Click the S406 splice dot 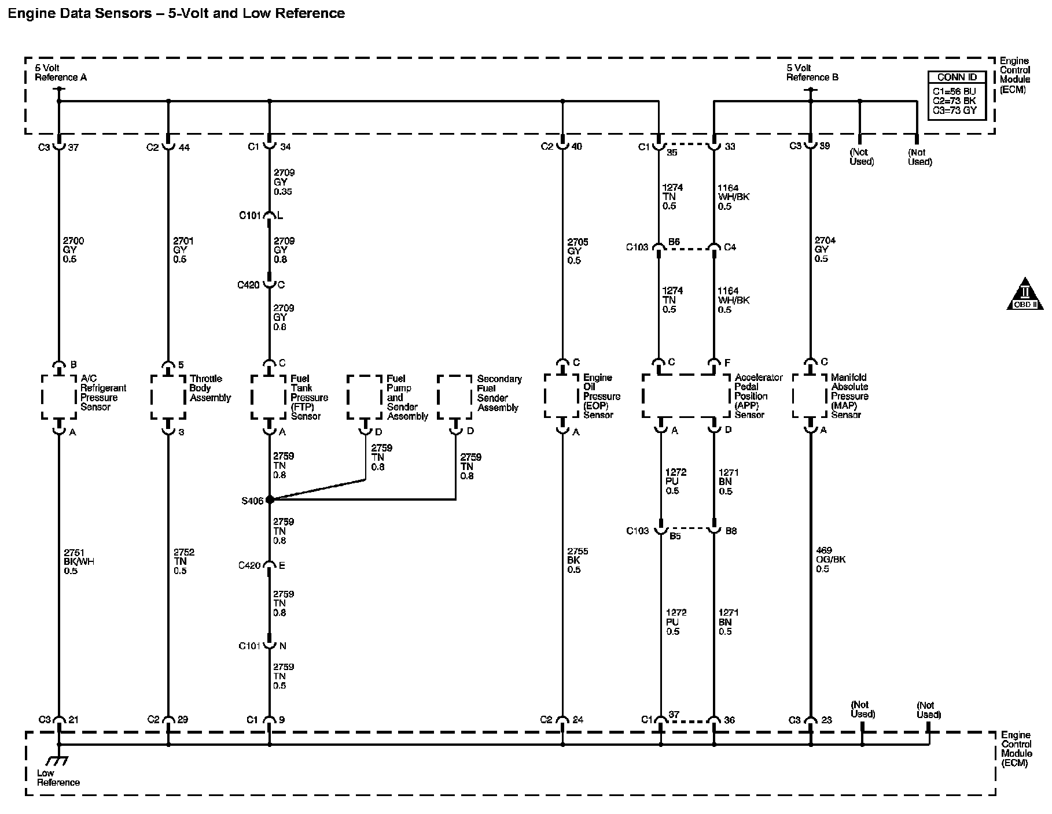(x=270, y=499)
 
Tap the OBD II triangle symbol (x=1025, y=294)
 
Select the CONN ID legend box (x=957, y=95)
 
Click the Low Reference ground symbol (x=58, y=761)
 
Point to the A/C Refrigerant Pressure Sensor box (x=59, y=397)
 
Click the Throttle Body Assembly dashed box (x=168, y=397)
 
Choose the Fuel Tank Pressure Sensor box (x=269, y=397)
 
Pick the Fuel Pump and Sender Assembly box (x=365, y=397)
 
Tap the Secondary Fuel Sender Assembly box (x=455, y=397)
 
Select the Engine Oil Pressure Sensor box (x=562, y=396)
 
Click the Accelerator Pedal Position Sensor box (x=686, y=396)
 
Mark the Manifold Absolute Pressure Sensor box (x=810, y=396)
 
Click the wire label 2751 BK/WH (x=79, y=561)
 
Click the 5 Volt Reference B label (x=812, y=73)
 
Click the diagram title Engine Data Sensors (x=176, y=13)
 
